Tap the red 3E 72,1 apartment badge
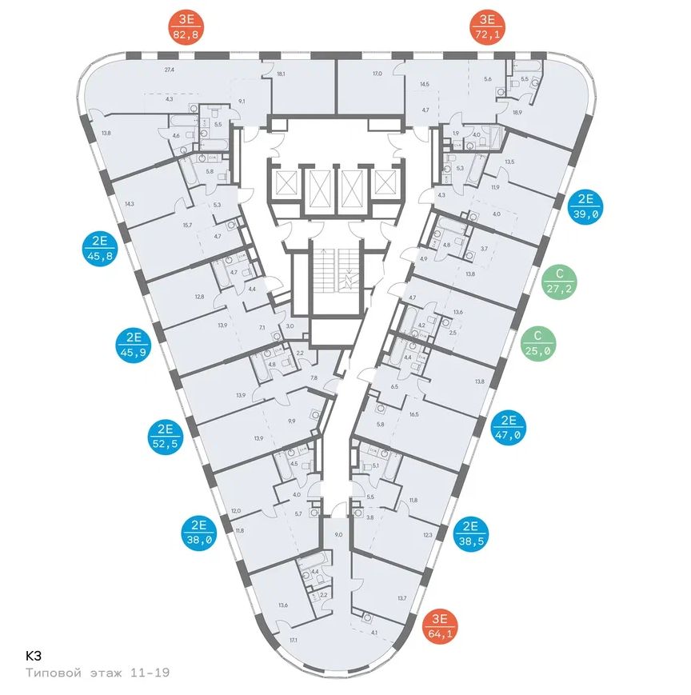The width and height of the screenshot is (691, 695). (486, 26)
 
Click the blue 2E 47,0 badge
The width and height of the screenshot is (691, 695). (509, 425)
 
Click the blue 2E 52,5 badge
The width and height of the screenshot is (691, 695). (166, 436)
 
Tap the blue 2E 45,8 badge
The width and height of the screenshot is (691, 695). (100, 247)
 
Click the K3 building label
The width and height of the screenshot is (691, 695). (34, 654)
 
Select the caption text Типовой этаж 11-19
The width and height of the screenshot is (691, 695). (97, 674)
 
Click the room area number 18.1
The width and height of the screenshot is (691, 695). (281, 74)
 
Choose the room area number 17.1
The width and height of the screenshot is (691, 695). (294, 640)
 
